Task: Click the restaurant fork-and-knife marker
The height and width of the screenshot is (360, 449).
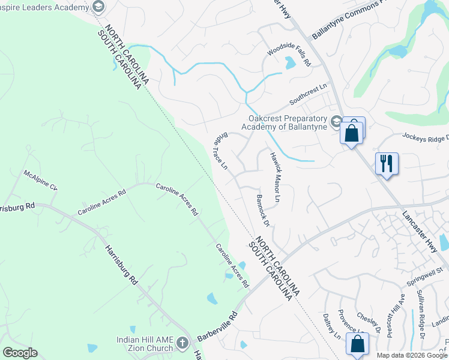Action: [387, 163]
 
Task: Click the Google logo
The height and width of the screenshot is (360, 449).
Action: [20, 353]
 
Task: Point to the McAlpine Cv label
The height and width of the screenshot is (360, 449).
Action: [41, 180]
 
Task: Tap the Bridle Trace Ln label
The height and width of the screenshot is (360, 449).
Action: [220, 150]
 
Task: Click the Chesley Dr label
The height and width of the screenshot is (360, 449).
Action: [369, 322]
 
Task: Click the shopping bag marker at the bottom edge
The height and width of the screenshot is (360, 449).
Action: [357, 345]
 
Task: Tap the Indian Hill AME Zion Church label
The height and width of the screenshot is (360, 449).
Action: [144, 344]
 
